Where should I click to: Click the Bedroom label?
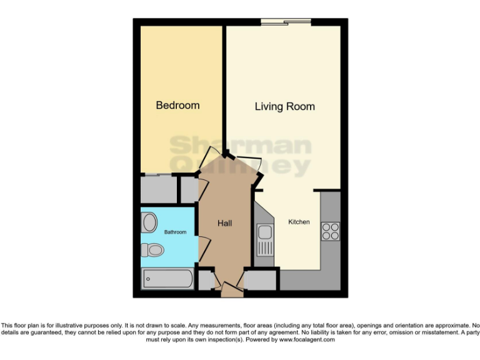(177, 105)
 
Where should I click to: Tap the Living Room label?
(284, 106)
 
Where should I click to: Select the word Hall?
(224, 223)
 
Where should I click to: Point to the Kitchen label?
(299, 222)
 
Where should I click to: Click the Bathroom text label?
(175, 232)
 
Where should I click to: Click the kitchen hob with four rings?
(330, 231)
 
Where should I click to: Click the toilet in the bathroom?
(152, 251)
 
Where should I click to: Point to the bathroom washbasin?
(150, 222)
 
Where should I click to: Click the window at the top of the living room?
(286, 23)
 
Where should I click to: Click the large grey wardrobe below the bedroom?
(159, 189)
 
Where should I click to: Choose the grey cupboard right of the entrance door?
(260, 280)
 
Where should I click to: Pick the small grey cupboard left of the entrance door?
(205, 280)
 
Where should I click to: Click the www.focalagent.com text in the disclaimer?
(307, 340)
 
